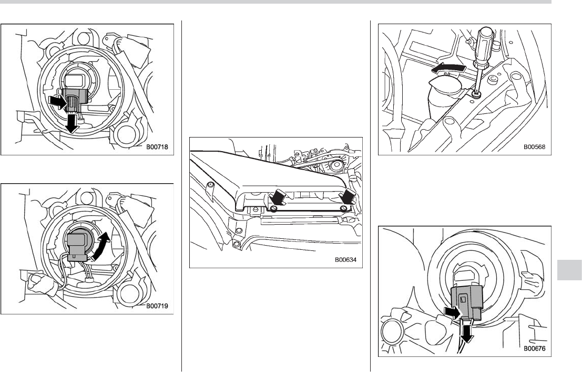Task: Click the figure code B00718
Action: click(x=157, y=147)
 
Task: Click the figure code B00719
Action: click(x=157, y=305)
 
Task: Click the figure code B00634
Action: click(x=345, y=259)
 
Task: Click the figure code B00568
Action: click(x=535, y=147)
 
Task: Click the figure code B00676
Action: click(x=535, y=347)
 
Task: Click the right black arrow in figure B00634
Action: click(x=349, y=199)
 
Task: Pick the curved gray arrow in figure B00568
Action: click(x=448, y=70)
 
